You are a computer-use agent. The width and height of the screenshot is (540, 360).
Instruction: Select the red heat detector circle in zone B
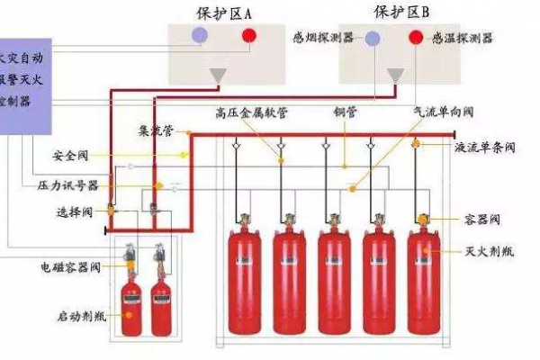[416, 38]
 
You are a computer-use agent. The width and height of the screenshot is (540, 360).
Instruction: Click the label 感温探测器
[463, 38]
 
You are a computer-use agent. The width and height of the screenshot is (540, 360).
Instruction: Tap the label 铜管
[344, 113]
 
